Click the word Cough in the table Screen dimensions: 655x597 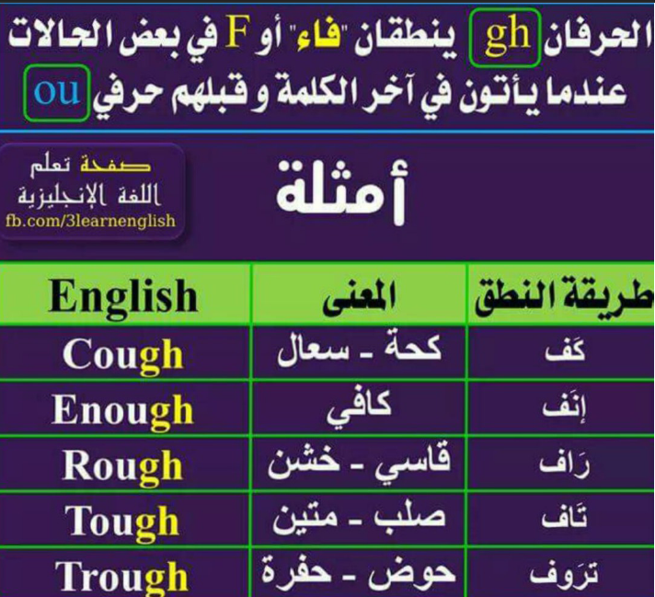point(123,356)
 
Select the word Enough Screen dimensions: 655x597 point(123,411)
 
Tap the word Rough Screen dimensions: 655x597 point(123,467)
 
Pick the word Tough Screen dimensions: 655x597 point(122,522)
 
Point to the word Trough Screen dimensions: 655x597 point(121,578)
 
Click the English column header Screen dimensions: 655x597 point(123,297)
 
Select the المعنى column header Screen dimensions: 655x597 point(359,296)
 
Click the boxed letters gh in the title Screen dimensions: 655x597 point(505,37)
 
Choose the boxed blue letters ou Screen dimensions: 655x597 point(57,93)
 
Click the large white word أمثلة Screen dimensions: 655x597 point(341,192)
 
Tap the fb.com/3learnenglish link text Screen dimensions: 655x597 point(91,221)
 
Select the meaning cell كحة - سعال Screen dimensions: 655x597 point(360,350)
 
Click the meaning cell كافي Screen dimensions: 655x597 point(360,408)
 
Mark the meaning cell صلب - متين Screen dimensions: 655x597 point(360,518)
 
